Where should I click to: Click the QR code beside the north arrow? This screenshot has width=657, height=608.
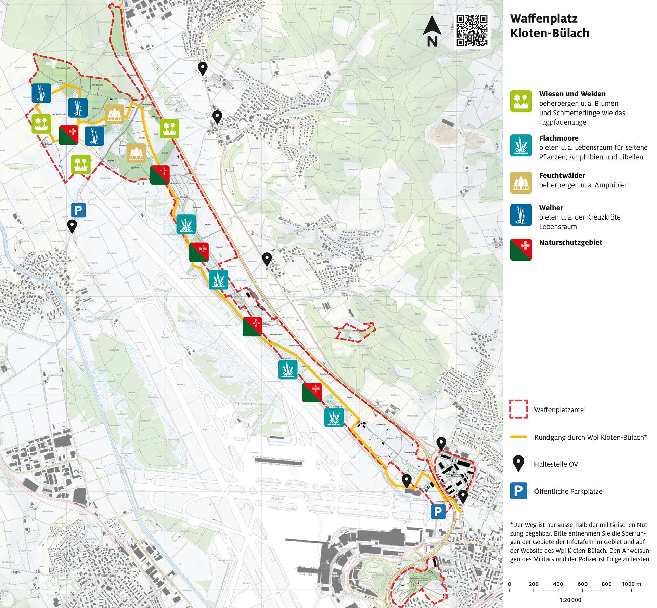[x=472, y=30]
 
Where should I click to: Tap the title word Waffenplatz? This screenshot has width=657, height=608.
[x=543, y=18]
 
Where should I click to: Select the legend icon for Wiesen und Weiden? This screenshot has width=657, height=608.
[x=521, y=101]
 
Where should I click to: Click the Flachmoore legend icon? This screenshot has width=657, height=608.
[x=521, y=145]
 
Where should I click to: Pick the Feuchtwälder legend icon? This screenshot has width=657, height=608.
[x=521, y=183]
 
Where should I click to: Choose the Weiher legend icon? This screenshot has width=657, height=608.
[x=521, y=215]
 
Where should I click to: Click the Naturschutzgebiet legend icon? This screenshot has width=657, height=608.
[x=521, y=250]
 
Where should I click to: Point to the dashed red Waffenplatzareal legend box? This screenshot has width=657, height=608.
[x=518, y=409]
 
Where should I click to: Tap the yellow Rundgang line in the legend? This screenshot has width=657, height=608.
[x=518, y=437]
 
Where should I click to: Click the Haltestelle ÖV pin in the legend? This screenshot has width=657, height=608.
[x=519, y=463]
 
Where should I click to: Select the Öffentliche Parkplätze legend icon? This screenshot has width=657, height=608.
[x=518, y=491]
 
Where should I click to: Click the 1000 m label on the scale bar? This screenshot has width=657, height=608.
[x=631, y=584]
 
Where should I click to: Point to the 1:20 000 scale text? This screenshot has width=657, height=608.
[x=570, y=600]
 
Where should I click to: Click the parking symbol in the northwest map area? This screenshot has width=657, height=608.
[x=78, y=210]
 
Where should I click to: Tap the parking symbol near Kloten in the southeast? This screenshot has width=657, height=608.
[x=438, y=512]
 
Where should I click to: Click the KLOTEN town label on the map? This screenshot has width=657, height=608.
[x=447, y=570]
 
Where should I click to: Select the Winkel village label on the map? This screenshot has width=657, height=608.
[x=264, y=109]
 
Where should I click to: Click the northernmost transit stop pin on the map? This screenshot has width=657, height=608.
[x=203, y=68]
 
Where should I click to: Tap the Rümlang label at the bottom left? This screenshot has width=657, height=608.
[x=108, y=576]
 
